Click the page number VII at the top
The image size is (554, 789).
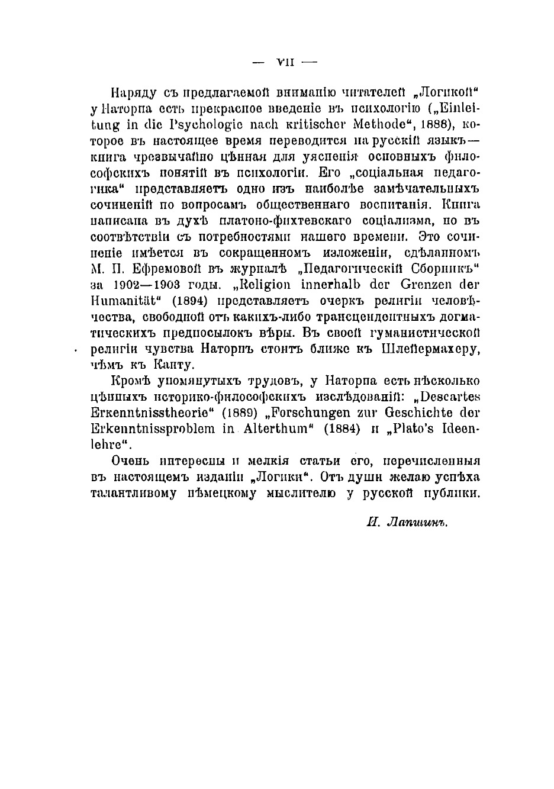point(286,60)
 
